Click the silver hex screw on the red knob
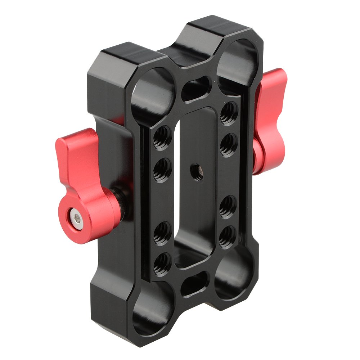tap(76, 219)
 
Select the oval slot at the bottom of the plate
tap(195, 283)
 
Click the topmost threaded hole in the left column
tap(162, 137)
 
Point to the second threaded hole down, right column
tap(229, 144)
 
